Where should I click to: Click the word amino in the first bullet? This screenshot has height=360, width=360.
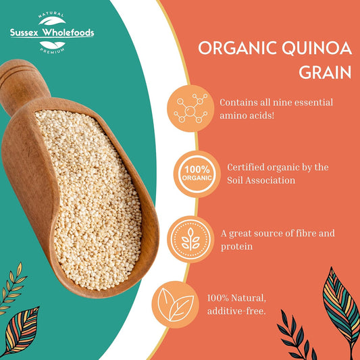[234, 117]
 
